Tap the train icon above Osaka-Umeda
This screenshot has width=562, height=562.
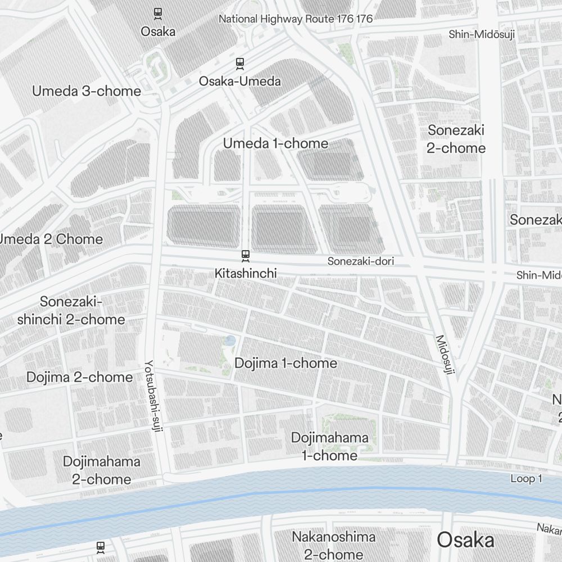240,63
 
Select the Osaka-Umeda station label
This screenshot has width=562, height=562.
240,81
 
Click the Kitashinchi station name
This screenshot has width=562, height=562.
246,273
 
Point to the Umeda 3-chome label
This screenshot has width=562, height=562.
87,91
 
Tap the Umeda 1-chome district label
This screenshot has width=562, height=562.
275,143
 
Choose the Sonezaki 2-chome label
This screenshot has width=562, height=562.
456,139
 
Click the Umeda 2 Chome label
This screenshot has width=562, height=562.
51,239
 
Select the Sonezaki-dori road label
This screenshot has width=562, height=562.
361,261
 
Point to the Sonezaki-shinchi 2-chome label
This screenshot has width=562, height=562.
71,311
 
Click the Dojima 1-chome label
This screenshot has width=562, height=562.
285,363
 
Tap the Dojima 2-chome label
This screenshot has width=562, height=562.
80,377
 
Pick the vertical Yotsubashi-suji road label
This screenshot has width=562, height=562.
150,396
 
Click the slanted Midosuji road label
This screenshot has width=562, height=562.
447,355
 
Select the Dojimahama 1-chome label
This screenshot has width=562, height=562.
329,446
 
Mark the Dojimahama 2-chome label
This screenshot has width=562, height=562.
101,470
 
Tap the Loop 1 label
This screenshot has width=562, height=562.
526,479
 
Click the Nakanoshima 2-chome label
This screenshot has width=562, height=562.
333,545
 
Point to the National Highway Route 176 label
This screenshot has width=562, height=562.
295,19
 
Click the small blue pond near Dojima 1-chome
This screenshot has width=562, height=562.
230,340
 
